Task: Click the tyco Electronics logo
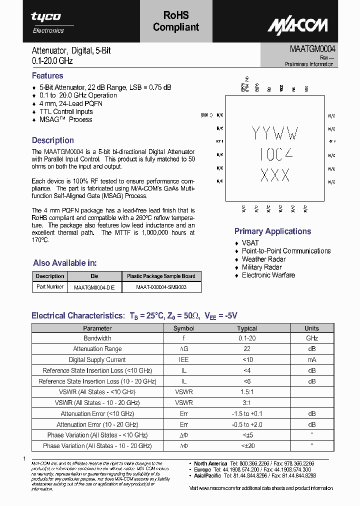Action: coord(47,22)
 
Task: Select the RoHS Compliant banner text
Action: coord(176,21)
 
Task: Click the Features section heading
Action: coord(47,76)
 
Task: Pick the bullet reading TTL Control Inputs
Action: coord(66,111)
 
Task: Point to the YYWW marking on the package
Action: coord(274,133)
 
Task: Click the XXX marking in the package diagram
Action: coord(275,175)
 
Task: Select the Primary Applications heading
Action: coord(272,231)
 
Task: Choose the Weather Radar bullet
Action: coord(263,259)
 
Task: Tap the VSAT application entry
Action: coord(250,243)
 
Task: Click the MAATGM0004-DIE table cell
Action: coord(94,287)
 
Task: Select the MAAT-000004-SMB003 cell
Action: coord(161,287)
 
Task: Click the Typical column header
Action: coord(247,328)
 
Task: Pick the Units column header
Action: coord(311,328)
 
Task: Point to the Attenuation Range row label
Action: coord(97,349)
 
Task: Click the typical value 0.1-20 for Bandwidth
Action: coord(247,338)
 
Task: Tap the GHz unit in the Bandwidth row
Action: coord(311,338)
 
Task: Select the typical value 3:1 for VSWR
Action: coord(247,402)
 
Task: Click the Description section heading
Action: coord(53,140)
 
